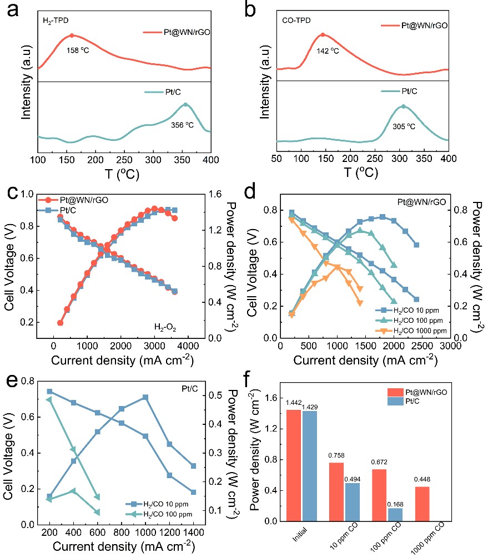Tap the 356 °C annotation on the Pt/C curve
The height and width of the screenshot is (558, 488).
184,125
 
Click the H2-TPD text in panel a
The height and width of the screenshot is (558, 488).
56,22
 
